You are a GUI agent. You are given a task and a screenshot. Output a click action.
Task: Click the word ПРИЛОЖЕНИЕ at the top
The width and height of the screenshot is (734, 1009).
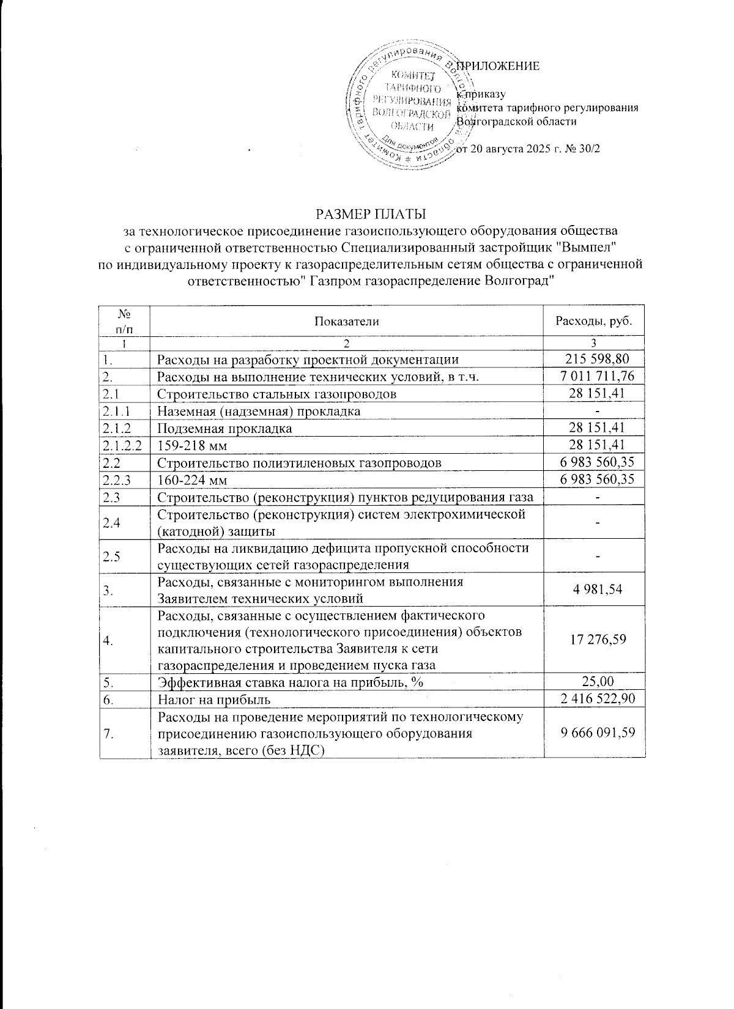click(498, 67)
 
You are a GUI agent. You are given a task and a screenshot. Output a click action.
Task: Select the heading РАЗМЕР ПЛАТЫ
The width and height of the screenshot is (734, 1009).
click(370, 215)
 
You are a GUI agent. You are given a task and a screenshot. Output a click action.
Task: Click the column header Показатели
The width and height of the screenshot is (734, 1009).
click(346, 321)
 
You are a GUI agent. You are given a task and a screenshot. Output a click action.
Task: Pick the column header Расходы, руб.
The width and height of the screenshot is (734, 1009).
click(593, 321)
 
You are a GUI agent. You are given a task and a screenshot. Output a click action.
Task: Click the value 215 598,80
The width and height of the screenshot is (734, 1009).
click(594, 359)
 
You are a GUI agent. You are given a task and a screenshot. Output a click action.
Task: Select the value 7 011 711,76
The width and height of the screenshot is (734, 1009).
click(594, 376)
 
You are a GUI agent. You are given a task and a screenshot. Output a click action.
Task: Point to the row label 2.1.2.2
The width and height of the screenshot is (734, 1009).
click(123, 445)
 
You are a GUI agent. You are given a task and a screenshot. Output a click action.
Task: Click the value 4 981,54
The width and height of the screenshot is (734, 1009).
click(594, 589)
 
